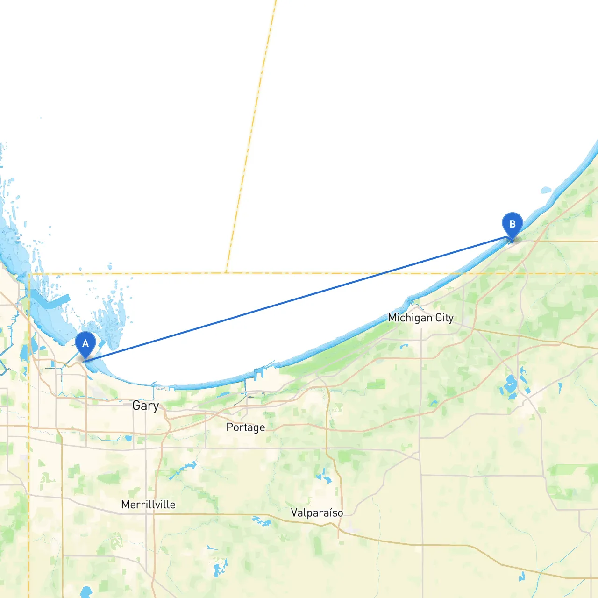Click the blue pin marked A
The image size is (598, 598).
pyautogui.click(x=85, y=344)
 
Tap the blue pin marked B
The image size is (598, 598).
pyautogui.click(x=512, y=225)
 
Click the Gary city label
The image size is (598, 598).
pyautogui.click(x=145, y=406)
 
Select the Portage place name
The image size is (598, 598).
pyautogui.click(x=245, y=427)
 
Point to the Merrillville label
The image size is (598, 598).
pyautogui.click(x=148, y=505)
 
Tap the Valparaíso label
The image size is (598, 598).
pyautogui.click(x=317, y=513)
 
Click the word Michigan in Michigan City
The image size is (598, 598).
pyautogui.click(x=410, y=318)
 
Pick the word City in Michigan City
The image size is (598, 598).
pyautogui.click(x=444, y=318)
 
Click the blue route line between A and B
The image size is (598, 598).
pyautogui.click(x=299, y=299)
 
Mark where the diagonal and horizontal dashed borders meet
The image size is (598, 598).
pyautogui.click(x=226, y=273)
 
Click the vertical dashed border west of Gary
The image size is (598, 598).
pyautogui.click(x=29, y=420)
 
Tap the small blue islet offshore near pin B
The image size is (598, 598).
pyautogui.click(x=546, y=190)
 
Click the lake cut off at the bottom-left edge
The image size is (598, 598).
pyautogui.click(x=85, y=592)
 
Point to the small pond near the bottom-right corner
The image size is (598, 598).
pyautogui.click(x=522, y=577)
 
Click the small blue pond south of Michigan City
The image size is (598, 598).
pyautogui.click(x=404, y=347)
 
